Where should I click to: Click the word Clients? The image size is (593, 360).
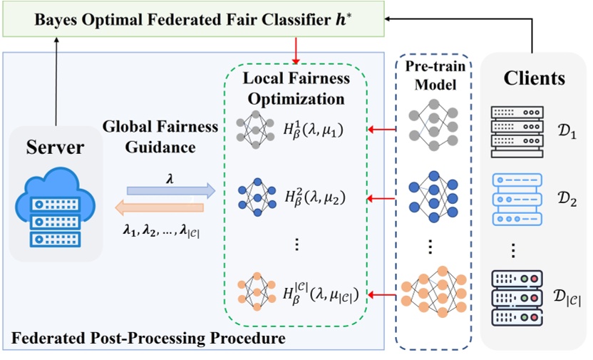pyautogui.click(x=534, y=76)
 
